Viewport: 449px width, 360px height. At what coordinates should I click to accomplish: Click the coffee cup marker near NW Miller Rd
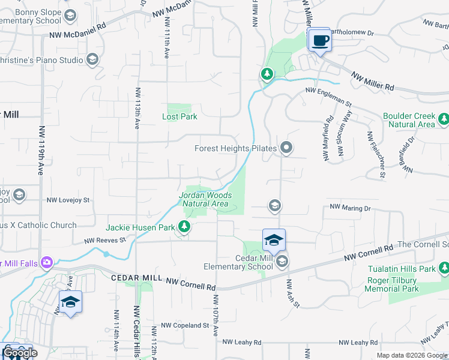tap(320, 41)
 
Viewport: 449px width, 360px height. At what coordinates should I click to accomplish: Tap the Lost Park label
tap(179, 116)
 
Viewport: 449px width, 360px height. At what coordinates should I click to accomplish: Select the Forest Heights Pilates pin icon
tap(287, 148)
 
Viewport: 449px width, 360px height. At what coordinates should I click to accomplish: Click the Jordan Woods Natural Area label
tap(205, 199)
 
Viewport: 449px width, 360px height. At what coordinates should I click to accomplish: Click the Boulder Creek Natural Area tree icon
tap(443, 119)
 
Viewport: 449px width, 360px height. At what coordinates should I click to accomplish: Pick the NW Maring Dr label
tap(351, 208)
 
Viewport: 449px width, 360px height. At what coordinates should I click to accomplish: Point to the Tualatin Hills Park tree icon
tap(443, 268)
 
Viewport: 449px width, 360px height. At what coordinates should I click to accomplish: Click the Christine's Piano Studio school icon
tap(92, 59)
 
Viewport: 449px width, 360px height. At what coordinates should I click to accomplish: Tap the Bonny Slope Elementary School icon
tap(70, 16)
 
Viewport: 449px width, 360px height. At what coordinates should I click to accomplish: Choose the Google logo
tap(20, 353)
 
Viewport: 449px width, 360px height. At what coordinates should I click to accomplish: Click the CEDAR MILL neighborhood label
tap(137, 278)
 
